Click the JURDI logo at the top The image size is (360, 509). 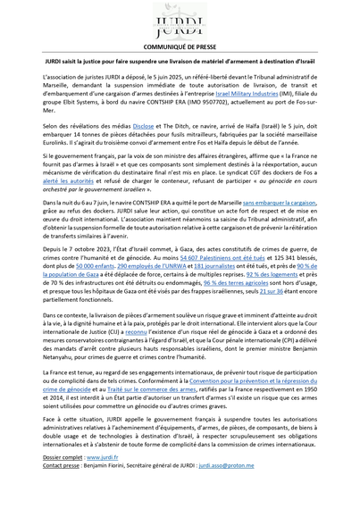click(x=180, y=21)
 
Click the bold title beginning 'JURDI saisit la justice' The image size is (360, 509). click(x=180, y=67)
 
